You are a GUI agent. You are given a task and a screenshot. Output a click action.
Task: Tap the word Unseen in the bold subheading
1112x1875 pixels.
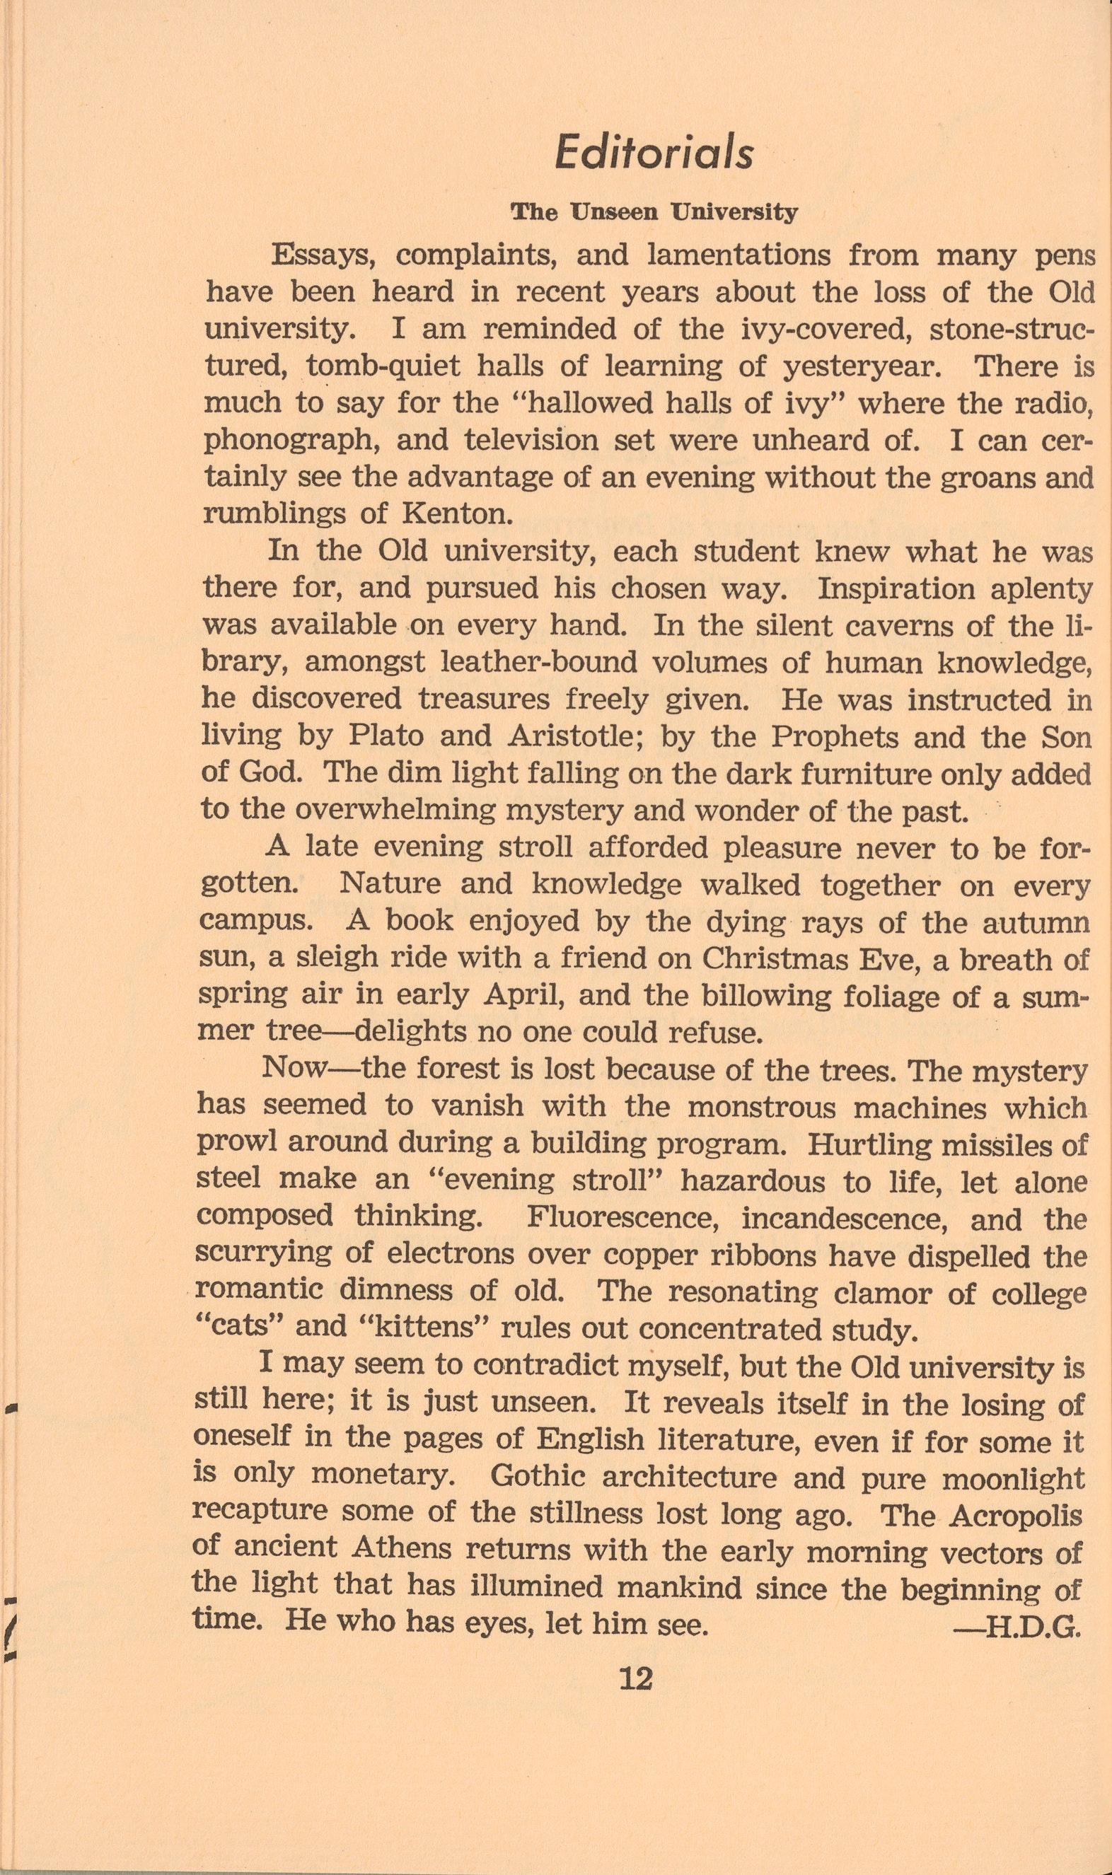[618, 214]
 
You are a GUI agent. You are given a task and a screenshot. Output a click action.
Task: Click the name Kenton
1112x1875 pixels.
[447, 514]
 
